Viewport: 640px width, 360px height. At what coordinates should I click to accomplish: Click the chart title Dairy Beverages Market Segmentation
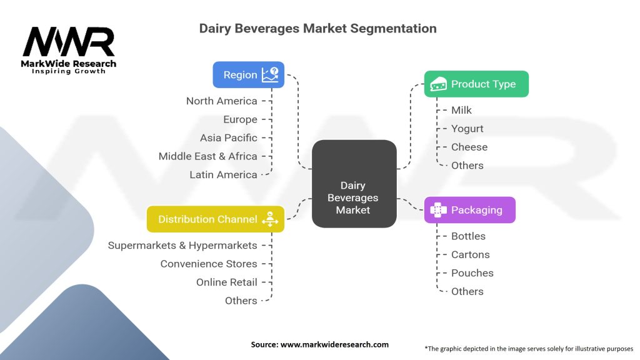(x=317, y=28)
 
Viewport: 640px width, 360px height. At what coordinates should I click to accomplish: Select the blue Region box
(x=248, y=74)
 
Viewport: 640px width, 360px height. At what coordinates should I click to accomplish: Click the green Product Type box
(x=476, y=84)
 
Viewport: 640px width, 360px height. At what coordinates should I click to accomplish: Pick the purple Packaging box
(x=470, y=210)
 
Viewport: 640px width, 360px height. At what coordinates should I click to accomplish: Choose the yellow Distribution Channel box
(x=215, y=219)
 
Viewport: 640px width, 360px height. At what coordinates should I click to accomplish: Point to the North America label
(x=221, y=101)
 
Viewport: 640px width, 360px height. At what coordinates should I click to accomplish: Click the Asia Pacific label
(x=228, y=137)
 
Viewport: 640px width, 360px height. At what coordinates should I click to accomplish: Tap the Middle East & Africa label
(x=207, y=156)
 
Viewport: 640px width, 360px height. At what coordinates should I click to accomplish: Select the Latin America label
(x=223, y=174)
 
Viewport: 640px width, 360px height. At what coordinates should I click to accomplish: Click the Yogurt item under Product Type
(x=467, y=129)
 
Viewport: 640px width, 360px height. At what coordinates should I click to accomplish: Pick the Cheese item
(x=469, y=147)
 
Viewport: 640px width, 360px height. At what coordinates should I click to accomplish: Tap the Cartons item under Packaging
(x=470, y=254)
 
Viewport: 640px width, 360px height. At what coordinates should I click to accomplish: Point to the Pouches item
(x=472, y=273)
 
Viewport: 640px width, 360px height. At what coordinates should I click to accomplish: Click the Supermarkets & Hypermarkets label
(x=182, y=245)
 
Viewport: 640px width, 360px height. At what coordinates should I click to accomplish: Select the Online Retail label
(x=226, y=282)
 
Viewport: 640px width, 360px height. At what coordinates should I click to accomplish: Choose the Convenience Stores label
(x=208, y=264)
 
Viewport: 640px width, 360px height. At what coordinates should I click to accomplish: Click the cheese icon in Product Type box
(x=438, y=84)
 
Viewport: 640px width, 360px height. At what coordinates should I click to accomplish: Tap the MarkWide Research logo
(x=69, y=49)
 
